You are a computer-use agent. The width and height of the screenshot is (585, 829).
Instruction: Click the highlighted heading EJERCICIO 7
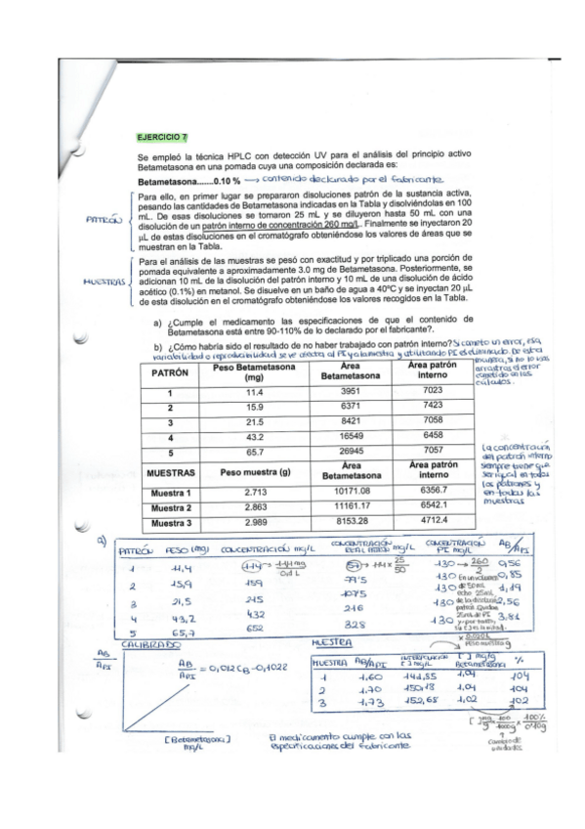pos(162,138)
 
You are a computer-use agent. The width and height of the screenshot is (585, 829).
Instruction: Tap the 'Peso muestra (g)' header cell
pos(252,471)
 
